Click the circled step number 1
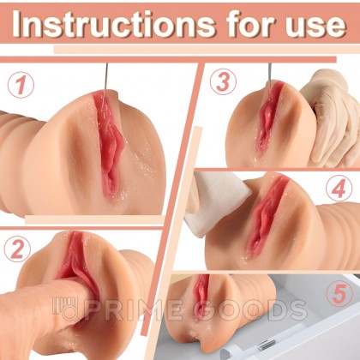click(x=21, y=85)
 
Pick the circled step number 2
click(x=17, y=249)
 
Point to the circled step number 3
click(x=223, y=81)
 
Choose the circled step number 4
click(x=339, y=189)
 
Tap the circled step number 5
click(x=339, y=294)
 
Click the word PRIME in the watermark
click(x=133, y=310)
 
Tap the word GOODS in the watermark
click(x=247, y=310)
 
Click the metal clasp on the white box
click(x=265, y=345)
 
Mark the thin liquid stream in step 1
click(x=105, y=84)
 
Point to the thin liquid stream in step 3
click(x=269, y=75)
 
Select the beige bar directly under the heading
click(x=206, y=50)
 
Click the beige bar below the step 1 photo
click(x=94, y=219)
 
